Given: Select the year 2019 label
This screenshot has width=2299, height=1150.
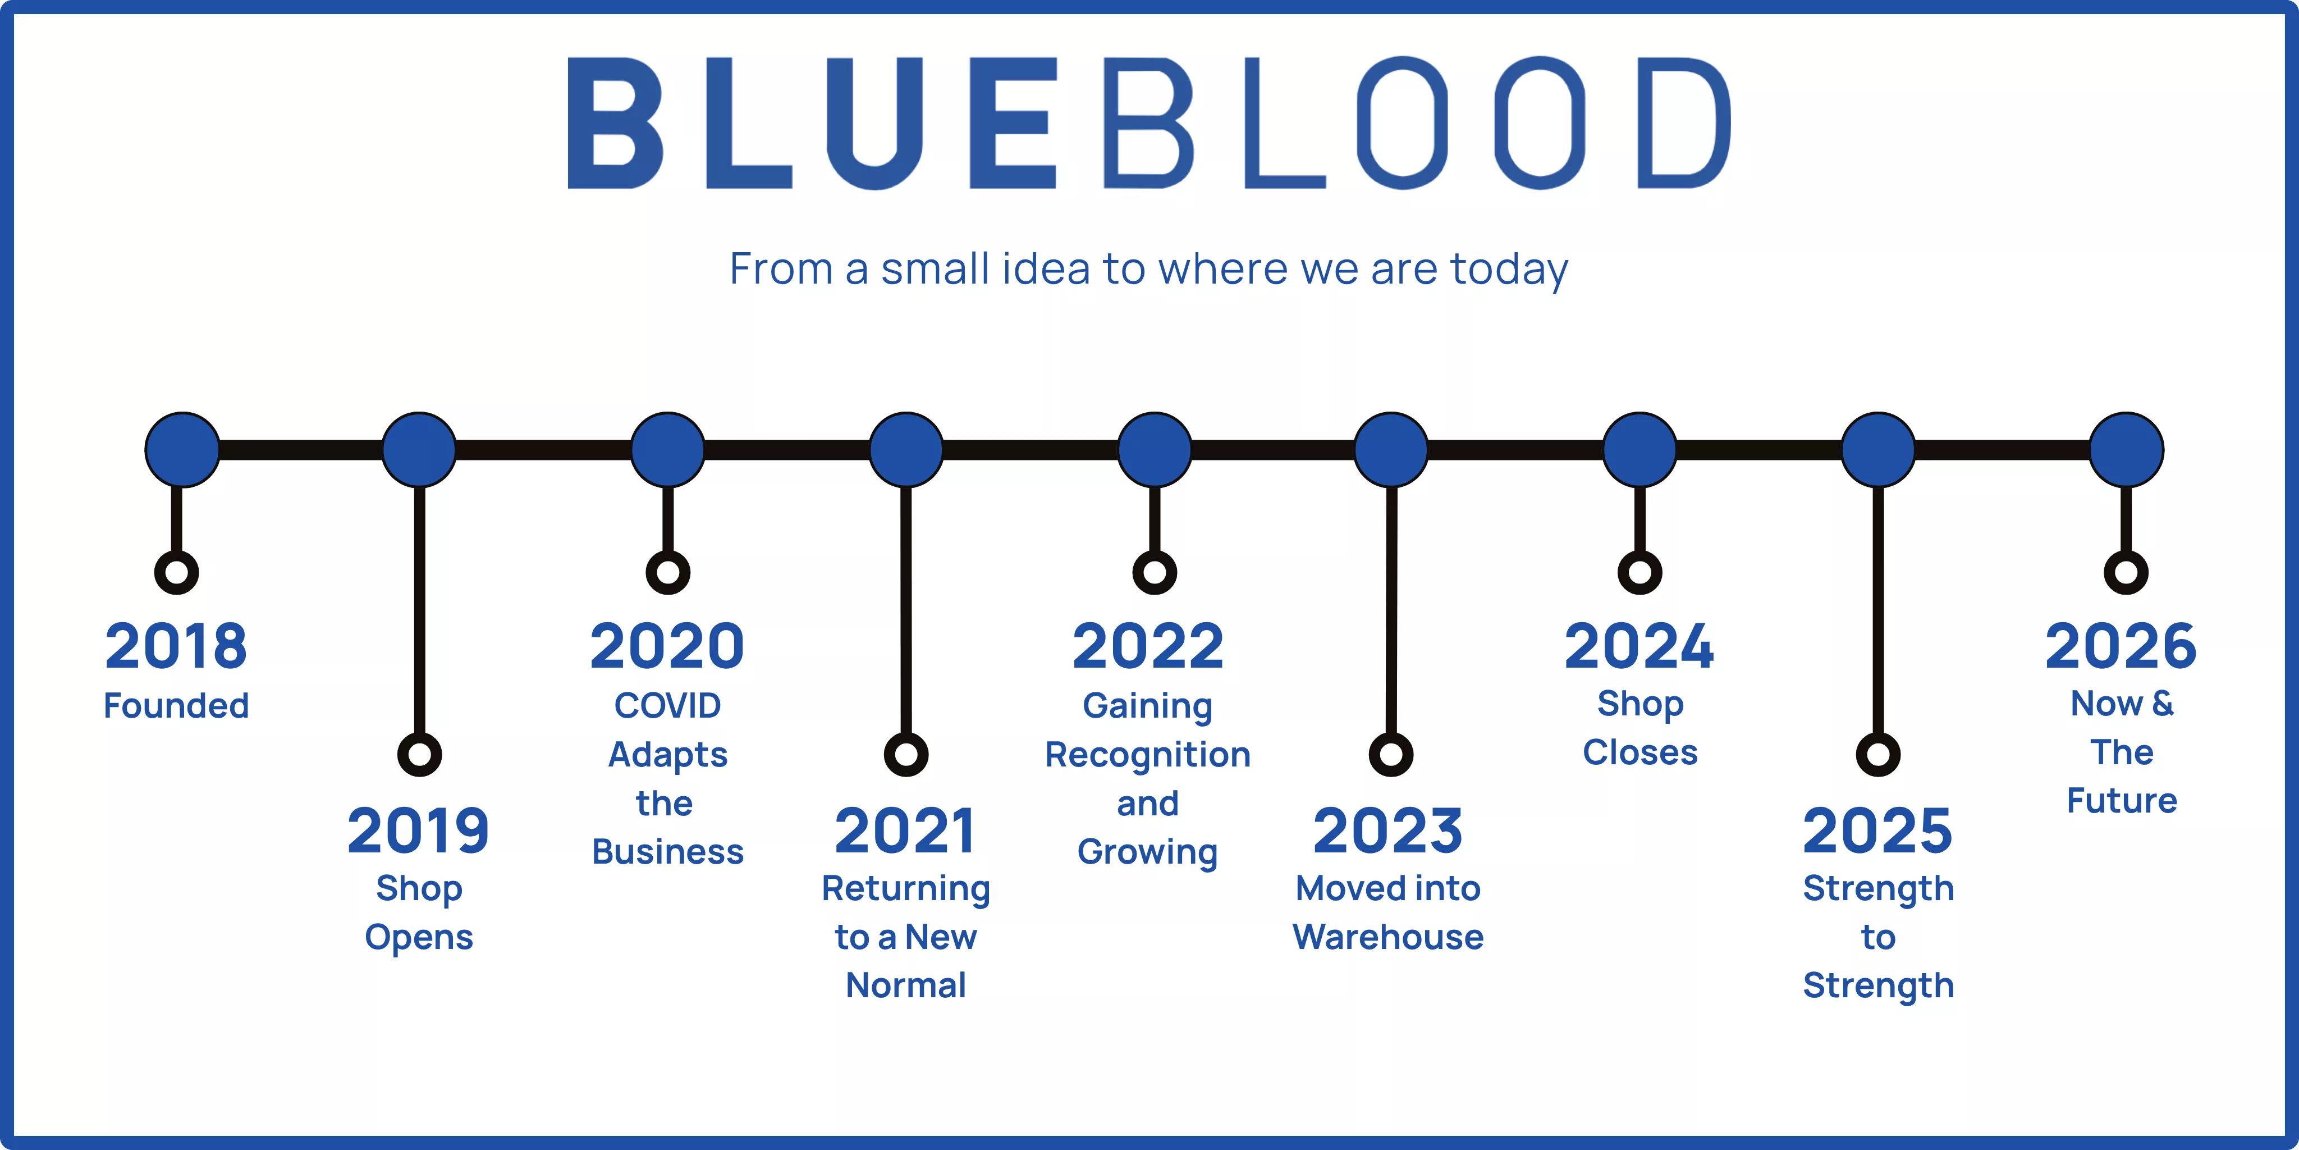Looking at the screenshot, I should tap(419, 831).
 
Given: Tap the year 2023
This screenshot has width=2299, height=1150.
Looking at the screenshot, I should tap(1388, 831).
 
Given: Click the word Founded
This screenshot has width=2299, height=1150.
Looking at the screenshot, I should tap(176, 706).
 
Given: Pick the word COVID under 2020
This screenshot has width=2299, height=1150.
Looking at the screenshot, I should tap(667, 706).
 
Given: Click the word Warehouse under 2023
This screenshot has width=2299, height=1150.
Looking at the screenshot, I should tap(1388, 938).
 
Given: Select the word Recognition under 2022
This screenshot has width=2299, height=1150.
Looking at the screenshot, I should tap(1148, 755).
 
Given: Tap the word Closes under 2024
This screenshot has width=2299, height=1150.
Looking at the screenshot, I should tap(1639, 752).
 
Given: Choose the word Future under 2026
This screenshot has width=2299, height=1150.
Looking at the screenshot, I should tap(2122, 801).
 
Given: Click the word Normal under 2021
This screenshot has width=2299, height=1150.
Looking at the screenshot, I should tap(906, 985).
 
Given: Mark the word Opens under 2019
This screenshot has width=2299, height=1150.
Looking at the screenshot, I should tap(419, 938).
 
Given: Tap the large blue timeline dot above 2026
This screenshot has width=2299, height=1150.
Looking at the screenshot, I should tap(2127, 449).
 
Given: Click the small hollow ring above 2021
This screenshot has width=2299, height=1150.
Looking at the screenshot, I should tap(906, 755).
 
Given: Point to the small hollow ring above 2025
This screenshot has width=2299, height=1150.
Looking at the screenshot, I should tap(1877, 755).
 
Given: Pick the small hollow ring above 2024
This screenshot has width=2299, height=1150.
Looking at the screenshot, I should tap(1639, 572).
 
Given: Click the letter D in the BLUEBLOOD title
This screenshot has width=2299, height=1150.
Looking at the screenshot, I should tap(1682, 123).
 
